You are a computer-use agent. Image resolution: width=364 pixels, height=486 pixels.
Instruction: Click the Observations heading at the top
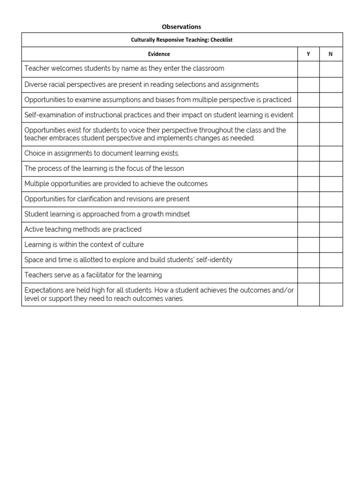tap(182, 27)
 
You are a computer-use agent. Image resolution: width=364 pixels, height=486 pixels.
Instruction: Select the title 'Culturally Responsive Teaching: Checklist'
tap(182, 40)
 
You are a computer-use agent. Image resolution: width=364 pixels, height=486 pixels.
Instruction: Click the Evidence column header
tap(159, 54)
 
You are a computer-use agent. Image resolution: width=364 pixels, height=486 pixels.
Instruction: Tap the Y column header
tap(308, 54)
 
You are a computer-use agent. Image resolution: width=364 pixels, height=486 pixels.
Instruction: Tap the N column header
tap(330, 54)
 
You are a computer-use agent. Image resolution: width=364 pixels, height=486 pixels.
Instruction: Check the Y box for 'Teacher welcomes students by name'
tap(308, 69)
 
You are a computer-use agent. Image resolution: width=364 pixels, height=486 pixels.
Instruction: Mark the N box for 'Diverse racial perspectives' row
tap(330, 84)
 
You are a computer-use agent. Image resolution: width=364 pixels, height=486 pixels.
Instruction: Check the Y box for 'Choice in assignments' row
tap(308, 153)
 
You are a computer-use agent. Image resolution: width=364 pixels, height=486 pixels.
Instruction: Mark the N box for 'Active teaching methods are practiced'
tap(330, 230)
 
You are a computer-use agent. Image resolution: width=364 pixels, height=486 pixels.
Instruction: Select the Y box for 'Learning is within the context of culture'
tap(308, 245)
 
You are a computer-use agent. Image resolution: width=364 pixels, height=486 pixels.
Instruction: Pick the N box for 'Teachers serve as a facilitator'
tap(330, 275)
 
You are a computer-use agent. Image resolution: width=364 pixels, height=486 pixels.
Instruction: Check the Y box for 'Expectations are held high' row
tap(308, 294)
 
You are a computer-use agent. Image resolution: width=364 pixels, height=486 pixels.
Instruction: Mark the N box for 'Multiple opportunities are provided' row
tap(330, 184)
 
